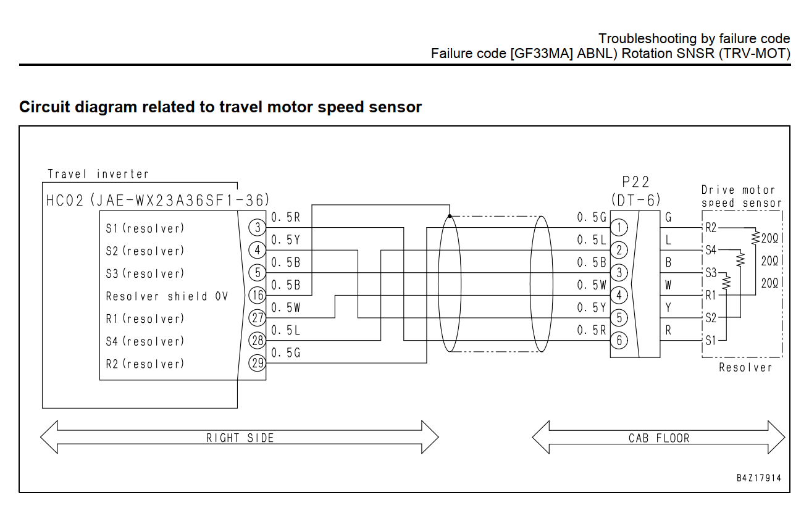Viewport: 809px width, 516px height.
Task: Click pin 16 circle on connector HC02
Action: pos(257,296)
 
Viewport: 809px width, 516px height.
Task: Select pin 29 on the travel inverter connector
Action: pos(257,363)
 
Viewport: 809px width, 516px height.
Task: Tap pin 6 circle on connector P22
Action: pos(619,341)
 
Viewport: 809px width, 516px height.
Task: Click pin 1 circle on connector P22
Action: pos(619,228)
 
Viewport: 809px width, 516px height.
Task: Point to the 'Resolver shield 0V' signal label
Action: pos(167,296)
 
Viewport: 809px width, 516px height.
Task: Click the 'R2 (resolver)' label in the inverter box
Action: pos(145,364)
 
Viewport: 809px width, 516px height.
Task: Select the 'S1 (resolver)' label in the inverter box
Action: pos(145,228)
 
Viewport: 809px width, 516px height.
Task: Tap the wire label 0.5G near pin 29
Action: pos(286,353)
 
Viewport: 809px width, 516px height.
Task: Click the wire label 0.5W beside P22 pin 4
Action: pos(592,285)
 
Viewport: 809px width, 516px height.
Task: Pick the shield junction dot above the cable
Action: pos(450,216)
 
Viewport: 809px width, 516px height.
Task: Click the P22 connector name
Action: pos(635,182)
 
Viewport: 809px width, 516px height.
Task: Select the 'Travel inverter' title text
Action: pos(98,174)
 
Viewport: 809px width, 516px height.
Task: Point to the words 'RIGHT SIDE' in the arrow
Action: pos(240,438)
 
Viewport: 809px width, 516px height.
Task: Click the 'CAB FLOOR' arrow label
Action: pos(659,438)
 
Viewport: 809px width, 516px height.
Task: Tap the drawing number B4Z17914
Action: pos(759,478)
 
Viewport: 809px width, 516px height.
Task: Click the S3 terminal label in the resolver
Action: pos(711,273)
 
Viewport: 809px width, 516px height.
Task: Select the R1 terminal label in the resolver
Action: pos(711,296)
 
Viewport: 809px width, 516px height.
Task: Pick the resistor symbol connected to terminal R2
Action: pos(755,238)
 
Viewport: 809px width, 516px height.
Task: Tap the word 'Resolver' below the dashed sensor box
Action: pos(745,368)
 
